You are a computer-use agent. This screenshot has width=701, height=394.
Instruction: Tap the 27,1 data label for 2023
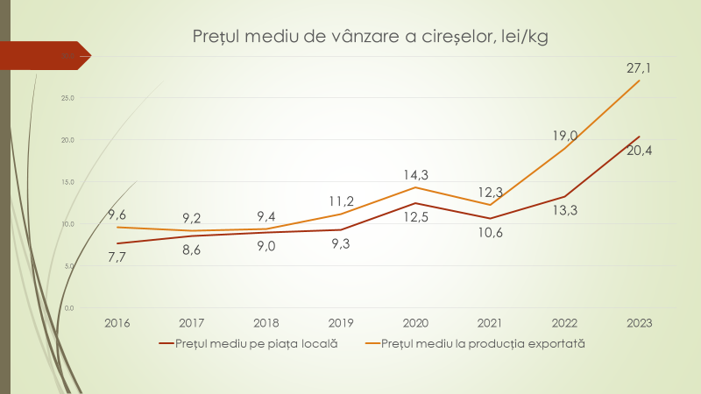[x=637, y=67]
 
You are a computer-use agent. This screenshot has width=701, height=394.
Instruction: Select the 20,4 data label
[x=637, y=150]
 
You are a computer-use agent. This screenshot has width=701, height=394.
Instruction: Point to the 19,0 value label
[x=565, y=135]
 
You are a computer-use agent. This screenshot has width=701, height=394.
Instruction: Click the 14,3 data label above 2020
[x=416, y=174]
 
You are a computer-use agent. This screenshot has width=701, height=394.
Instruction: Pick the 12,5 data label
[x=416, y=216]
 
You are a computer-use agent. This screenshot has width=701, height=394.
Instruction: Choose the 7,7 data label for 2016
[x=118, y=257]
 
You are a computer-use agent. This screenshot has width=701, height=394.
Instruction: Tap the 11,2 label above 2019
[x=341, y=200]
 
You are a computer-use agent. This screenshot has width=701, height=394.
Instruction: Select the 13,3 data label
[x=565, y=210]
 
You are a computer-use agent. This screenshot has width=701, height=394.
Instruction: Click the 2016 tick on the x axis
[x=117, y=323]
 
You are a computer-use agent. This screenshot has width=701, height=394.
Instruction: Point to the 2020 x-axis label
[x=415, y=323]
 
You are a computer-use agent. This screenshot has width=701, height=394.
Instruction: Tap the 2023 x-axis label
[x=639, y=323]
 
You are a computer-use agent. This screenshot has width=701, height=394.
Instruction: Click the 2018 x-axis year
[x=266, y=323]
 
